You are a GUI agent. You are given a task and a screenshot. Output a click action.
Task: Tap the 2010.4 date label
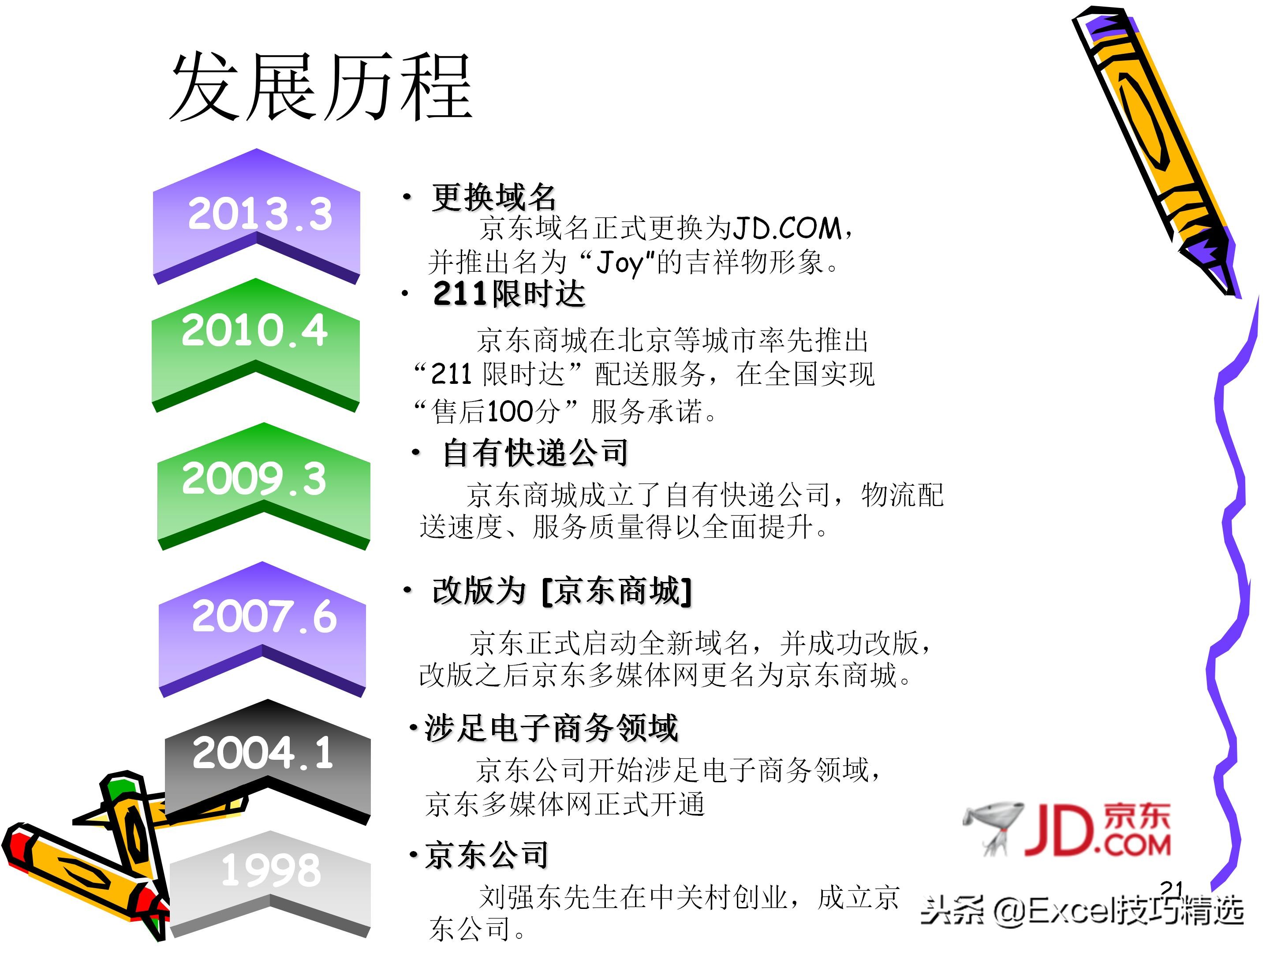pos(254,330)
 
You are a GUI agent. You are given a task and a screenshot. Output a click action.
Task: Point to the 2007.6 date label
pos(264,616)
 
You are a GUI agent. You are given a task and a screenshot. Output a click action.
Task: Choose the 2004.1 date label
pos(262,753)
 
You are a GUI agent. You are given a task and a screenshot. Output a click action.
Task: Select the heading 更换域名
pos(494,197)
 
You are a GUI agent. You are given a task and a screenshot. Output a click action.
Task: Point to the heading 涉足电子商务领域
pos(551,728)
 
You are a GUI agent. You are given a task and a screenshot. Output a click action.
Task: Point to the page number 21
pos(1171,888)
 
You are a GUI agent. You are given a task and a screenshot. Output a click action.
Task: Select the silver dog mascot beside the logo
pos(992,827)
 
